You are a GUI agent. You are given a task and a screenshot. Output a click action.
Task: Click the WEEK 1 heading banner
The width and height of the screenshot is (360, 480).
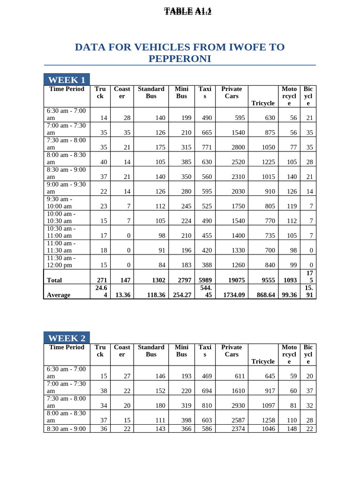pyautogui.click(x=67, y=80)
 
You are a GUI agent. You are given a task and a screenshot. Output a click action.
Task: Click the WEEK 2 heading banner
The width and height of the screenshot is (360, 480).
pyautogui.click(x=67, y=338)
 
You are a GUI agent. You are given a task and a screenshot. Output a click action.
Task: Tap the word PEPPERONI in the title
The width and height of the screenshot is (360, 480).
pyautogui.click(x=180, y=59)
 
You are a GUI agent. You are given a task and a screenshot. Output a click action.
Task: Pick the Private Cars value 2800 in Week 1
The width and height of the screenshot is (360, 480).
pyautogui.click(x=238, y=147)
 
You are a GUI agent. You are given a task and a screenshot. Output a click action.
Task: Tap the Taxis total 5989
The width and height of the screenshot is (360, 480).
pyautogui.click(x=205, y=280)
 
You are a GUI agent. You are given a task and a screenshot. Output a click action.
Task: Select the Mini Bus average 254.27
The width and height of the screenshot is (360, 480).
pyautogui.click(x=182, y=295)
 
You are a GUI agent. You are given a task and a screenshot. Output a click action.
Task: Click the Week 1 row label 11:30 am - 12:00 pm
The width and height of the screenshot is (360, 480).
pyautogui.click(x=61, y=262)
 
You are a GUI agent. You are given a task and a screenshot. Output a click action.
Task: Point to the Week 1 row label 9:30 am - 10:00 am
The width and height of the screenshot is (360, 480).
pyautogui.click(x=60, y=202)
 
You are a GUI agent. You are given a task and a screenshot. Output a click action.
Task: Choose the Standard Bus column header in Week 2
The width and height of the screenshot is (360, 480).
pyautogui.click(x=151, y=351)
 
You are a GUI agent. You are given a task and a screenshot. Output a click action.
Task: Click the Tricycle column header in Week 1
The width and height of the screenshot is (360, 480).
pyautogui.click(x=263, y=103)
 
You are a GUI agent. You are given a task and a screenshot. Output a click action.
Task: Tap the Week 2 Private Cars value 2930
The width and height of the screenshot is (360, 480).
pyautogui.click(x=238, y=405)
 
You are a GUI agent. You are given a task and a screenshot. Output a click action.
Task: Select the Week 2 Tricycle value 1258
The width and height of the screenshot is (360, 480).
pyautogui.click(x=268, y=420)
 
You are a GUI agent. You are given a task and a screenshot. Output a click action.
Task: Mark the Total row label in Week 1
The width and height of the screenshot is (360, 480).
pyautogui.click(x=54, y=280)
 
